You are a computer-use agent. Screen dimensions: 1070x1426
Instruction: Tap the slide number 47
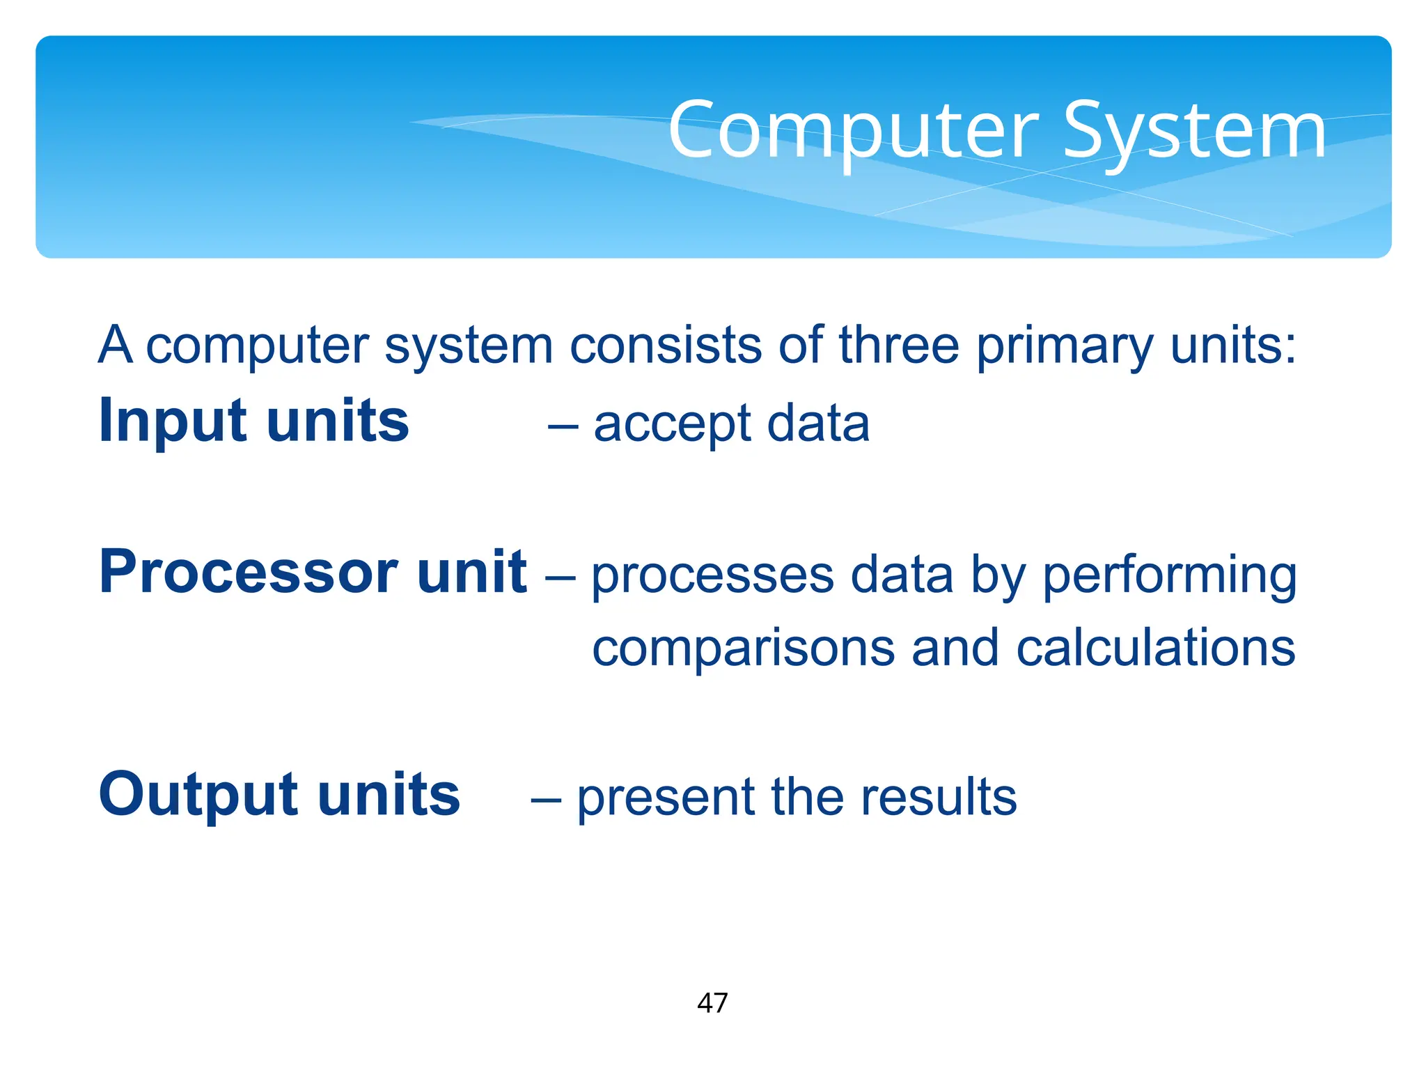pos(712,1003)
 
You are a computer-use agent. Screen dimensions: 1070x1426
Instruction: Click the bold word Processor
pos(247,573)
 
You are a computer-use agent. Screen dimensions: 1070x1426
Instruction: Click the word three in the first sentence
pos(899,346)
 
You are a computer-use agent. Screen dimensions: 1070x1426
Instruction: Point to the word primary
pos(1065,347)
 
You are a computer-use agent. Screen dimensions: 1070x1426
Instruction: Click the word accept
pos(672,425)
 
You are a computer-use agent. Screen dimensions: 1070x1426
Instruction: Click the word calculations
pos(1155,648)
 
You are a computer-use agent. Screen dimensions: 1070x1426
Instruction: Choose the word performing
pos(1170,577)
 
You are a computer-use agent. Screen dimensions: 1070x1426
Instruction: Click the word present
pos(666,798)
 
